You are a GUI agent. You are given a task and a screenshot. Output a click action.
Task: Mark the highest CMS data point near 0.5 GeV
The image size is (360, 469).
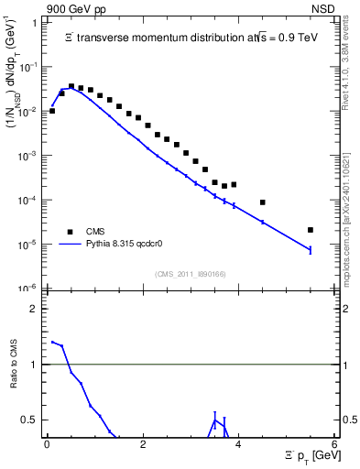pos(71,86)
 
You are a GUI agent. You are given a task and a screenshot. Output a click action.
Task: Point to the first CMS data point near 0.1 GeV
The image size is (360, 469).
pos(52,111)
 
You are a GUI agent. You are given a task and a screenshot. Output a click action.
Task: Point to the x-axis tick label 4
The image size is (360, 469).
pos(238,443)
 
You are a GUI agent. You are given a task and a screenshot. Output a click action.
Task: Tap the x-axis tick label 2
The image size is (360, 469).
pos(143,443)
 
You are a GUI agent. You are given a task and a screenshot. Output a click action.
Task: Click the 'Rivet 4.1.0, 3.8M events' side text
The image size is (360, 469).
pos(350,69)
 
